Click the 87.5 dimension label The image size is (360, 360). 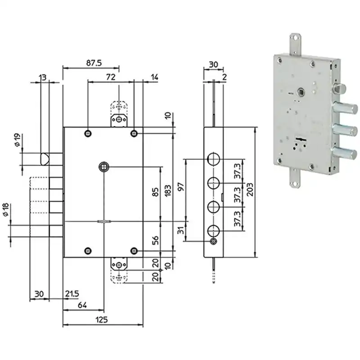point(94,63)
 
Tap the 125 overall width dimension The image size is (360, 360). point(102,319)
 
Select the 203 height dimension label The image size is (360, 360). point(250,189)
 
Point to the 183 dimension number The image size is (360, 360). point(168,191)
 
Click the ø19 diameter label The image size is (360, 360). point(18,140)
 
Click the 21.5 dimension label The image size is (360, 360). point(72,294)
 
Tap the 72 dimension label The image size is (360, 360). point(111,77)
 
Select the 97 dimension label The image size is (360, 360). point(181,186)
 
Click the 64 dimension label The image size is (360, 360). point(82,305)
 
